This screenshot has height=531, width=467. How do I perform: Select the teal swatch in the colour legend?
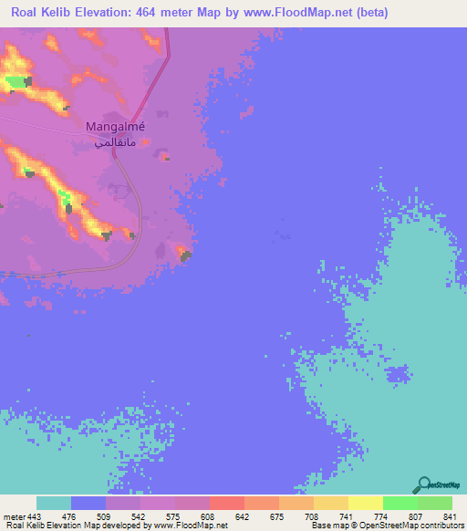pos(53,503)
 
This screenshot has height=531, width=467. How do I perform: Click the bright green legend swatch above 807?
pos(400,503)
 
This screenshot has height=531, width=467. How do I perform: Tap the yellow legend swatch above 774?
pos(365,503)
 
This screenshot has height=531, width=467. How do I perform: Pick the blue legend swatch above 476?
pos(88,503)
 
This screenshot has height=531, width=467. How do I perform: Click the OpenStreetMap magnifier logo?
pos(422,484)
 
